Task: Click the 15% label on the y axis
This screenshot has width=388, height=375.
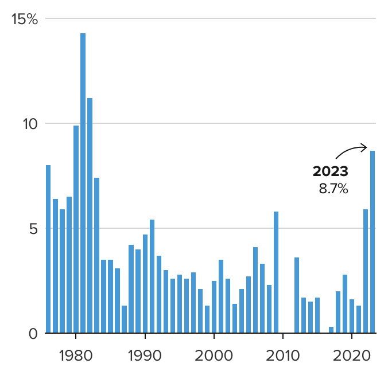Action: tap(25, 19)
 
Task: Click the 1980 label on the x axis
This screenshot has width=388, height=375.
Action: tap(76, 353)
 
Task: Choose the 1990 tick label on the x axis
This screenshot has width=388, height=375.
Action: tap(145, 353)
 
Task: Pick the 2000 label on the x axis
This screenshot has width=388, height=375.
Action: tap(214, 353)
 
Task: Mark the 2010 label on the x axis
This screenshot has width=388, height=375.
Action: tap(283, 353)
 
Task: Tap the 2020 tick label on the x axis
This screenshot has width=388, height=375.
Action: tap(352, 353)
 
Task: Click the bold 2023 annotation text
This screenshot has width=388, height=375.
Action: tap(330, 171)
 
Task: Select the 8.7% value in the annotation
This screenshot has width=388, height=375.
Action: tap(333, 189)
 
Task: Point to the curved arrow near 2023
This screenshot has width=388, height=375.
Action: tap(351, 151)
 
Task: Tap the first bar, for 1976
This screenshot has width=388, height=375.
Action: tap(48, 249)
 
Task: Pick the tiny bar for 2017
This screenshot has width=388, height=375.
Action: tap(331, 330)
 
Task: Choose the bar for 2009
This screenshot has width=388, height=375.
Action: tap(276, 272)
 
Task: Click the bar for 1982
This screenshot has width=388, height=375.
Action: tap(90, 216)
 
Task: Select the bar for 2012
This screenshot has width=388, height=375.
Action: tap(297, 295)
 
